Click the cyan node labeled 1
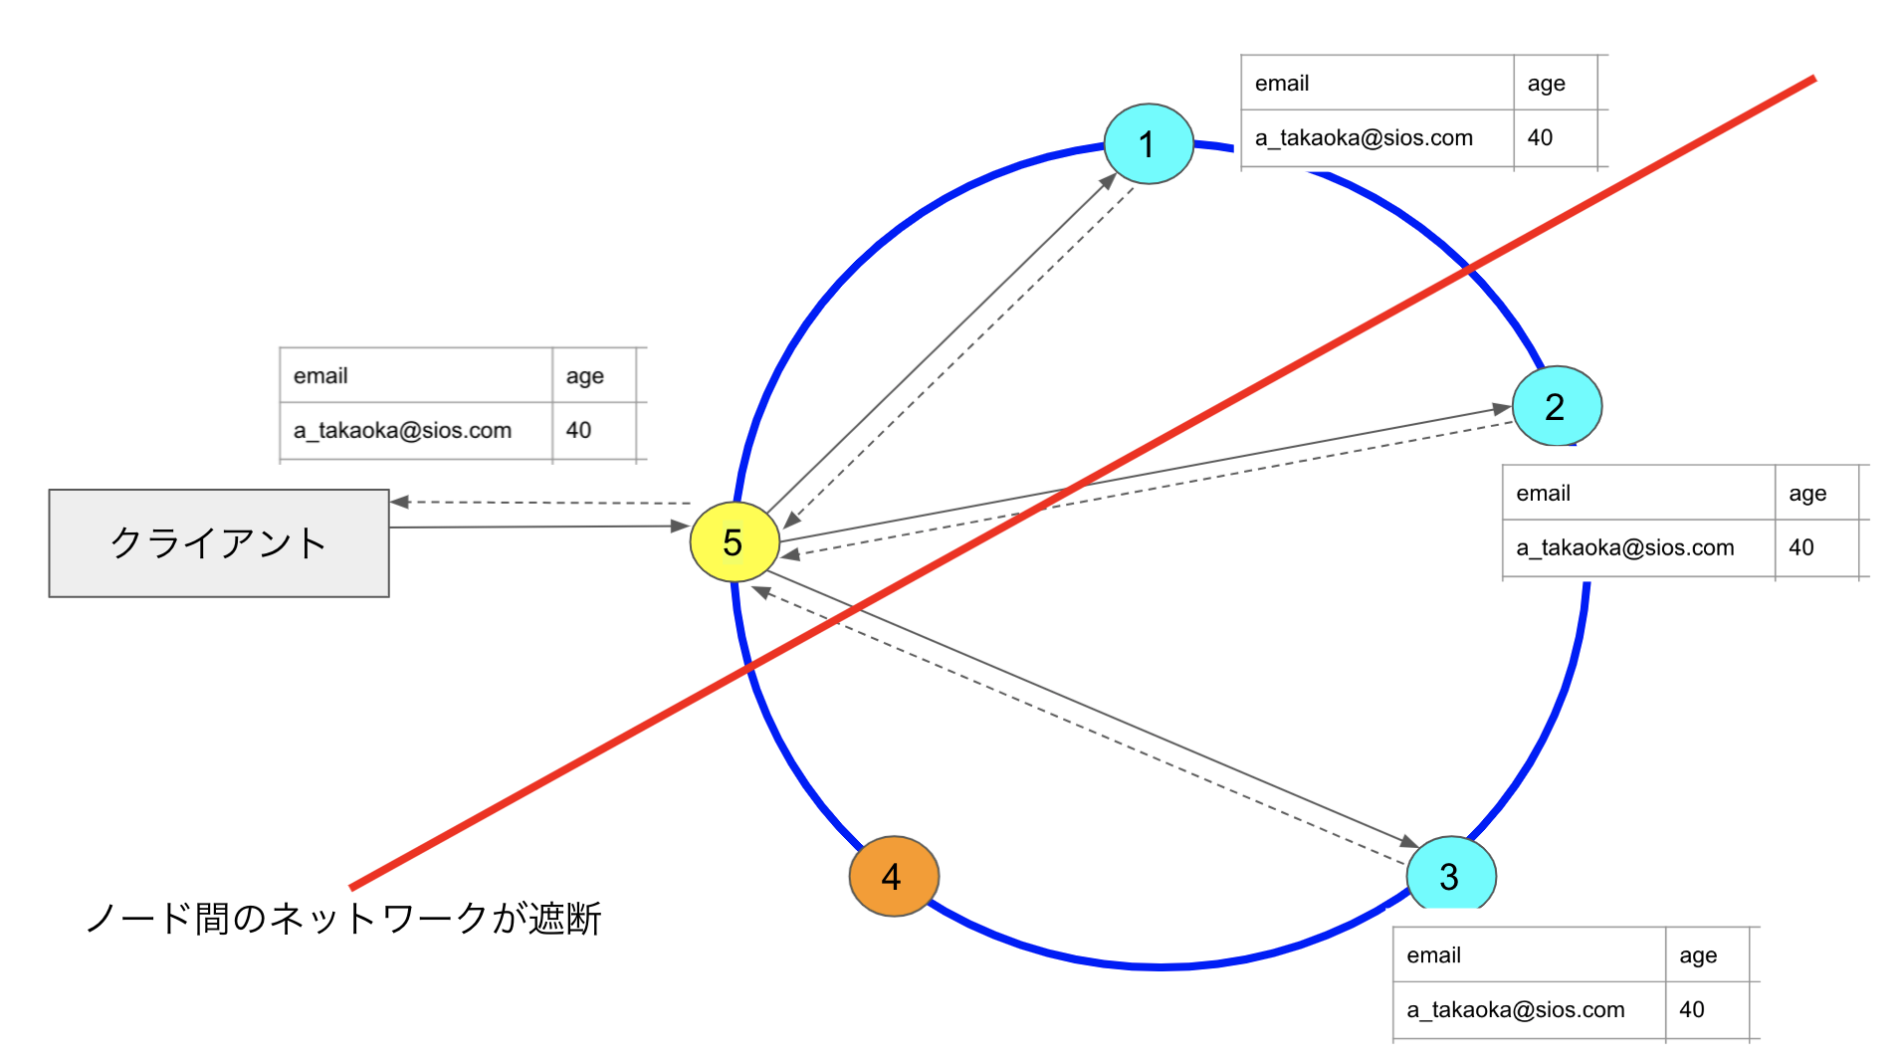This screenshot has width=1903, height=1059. (1149, 143)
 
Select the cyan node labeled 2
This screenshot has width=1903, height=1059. (1557, 406)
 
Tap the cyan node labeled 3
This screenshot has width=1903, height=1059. (1450, 875)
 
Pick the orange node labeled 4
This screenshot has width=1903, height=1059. (893, 876)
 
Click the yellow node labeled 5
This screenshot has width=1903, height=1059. (735, 542)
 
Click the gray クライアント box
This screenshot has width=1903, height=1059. (219, 543)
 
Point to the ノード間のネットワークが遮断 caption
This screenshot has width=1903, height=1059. (343, 918)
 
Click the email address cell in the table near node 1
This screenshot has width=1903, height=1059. (1364, 138)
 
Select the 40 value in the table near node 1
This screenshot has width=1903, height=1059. (1540, 138)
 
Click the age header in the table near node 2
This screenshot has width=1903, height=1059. (1807, 494)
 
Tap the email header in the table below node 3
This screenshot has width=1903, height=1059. (1433, 955)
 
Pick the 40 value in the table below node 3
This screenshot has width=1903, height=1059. (1691, 1009)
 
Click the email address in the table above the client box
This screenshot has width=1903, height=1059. (402, 431)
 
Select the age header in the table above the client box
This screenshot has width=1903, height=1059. (584, 376)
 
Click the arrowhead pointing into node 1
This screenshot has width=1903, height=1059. (1109, 180)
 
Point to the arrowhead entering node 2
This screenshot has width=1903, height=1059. (1503, 408)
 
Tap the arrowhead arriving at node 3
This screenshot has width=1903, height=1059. (1409, 842)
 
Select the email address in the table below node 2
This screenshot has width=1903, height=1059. (1624, 547)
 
